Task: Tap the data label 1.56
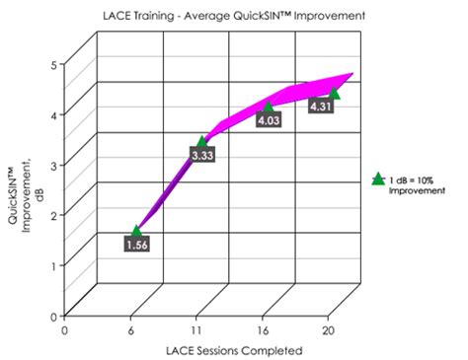click(138, 245)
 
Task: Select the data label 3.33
click(203, 156)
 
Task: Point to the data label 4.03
click(270, 120)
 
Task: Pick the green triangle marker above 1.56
click(136, 231)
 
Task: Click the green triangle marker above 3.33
click(202, 142)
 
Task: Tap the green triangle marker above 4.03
click(269, 107)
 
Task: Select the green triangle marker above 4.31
click(334, 93)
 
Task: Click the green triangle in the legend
click(377, 179)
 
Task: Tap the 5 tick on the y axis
click(53, 65)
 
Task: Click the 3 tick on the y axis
click(53, 166)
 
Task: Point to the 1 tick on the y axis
click(53, 266)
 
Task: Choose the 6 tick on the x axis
click(130, 330)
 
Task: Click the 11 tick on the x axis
click(197, 330)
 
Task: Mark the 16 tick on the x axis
click(264, 330)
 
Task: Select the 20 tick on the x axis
click(330, 330)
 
